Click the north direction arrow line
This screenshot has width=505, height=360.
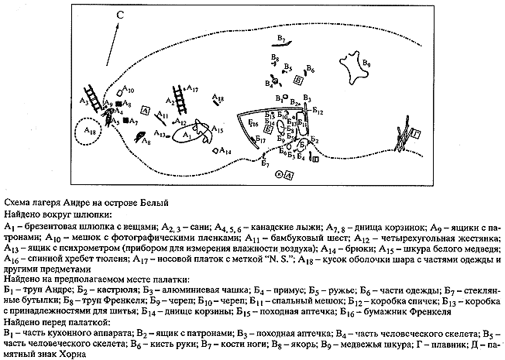pos(113,38)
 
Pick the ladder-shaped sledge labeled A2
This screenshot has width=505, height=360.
pos(180,98)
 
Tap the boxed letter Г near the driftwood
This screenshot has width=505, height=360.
pos(417,133)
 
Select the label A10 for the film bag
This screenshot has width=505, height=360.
pos(129,91)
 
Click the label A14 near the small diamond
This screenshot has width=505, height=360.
pos(224,150)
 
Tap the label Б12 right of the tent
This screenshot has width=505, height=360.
pos(317,112)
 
